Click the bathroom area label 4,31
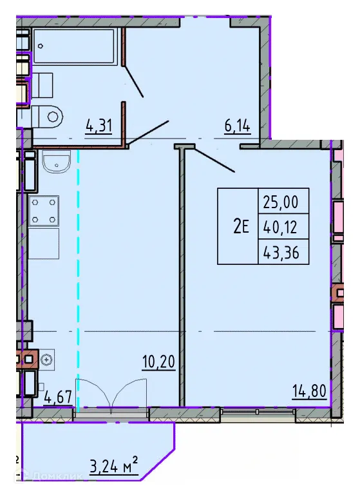[99, 126]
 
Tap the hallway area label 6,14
[238, 126]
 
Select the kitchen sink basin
[56, 161]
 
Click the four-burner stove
[44, 211]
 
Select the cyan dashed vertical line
[79, 277]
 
